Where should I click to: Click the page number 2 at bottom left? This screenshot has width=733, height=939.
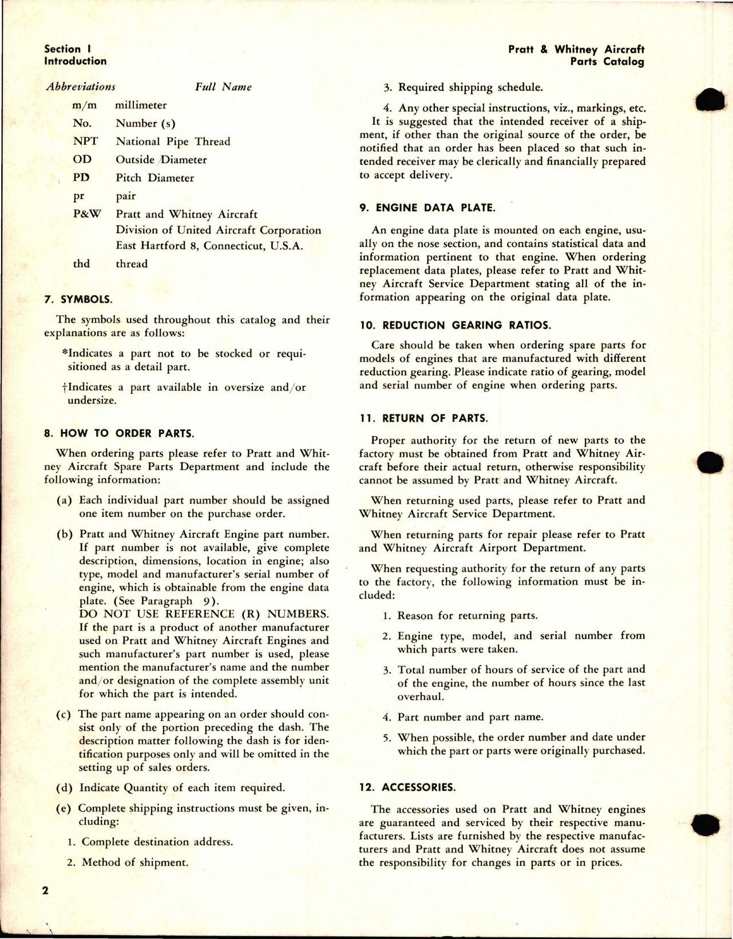45,890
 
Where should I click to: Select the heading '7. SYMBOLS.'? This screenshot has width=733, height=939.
78,299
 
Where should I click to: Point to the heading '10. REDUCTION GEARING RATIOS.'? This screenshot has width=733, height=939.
455,325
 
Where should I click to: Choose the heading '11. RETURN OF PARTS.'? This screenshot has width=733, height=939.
424,418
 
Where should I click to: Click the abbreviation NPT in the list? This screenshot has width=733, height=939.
85,141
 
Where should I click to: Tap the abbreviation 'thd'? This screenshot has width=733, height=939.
81,264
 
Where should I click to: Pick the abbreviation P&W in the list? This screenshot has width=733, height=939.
86,214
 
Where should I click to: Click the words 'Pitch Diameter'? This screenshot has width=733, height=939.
155,178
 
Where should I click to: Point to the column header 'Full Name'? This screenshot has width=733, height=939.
223,87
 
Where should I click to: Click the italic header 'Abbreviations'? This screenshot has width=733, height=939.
81,87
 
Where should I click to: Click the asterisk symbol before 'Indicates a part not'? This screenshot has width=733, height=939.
64,352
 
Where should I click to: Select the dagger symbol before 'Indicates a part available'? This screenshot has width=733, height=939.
65,387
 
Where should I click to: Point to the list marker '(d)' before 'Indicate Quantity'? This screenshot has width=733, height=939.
64,788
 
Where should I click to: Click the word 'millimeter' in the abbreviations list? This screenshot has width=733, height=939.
141,105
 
